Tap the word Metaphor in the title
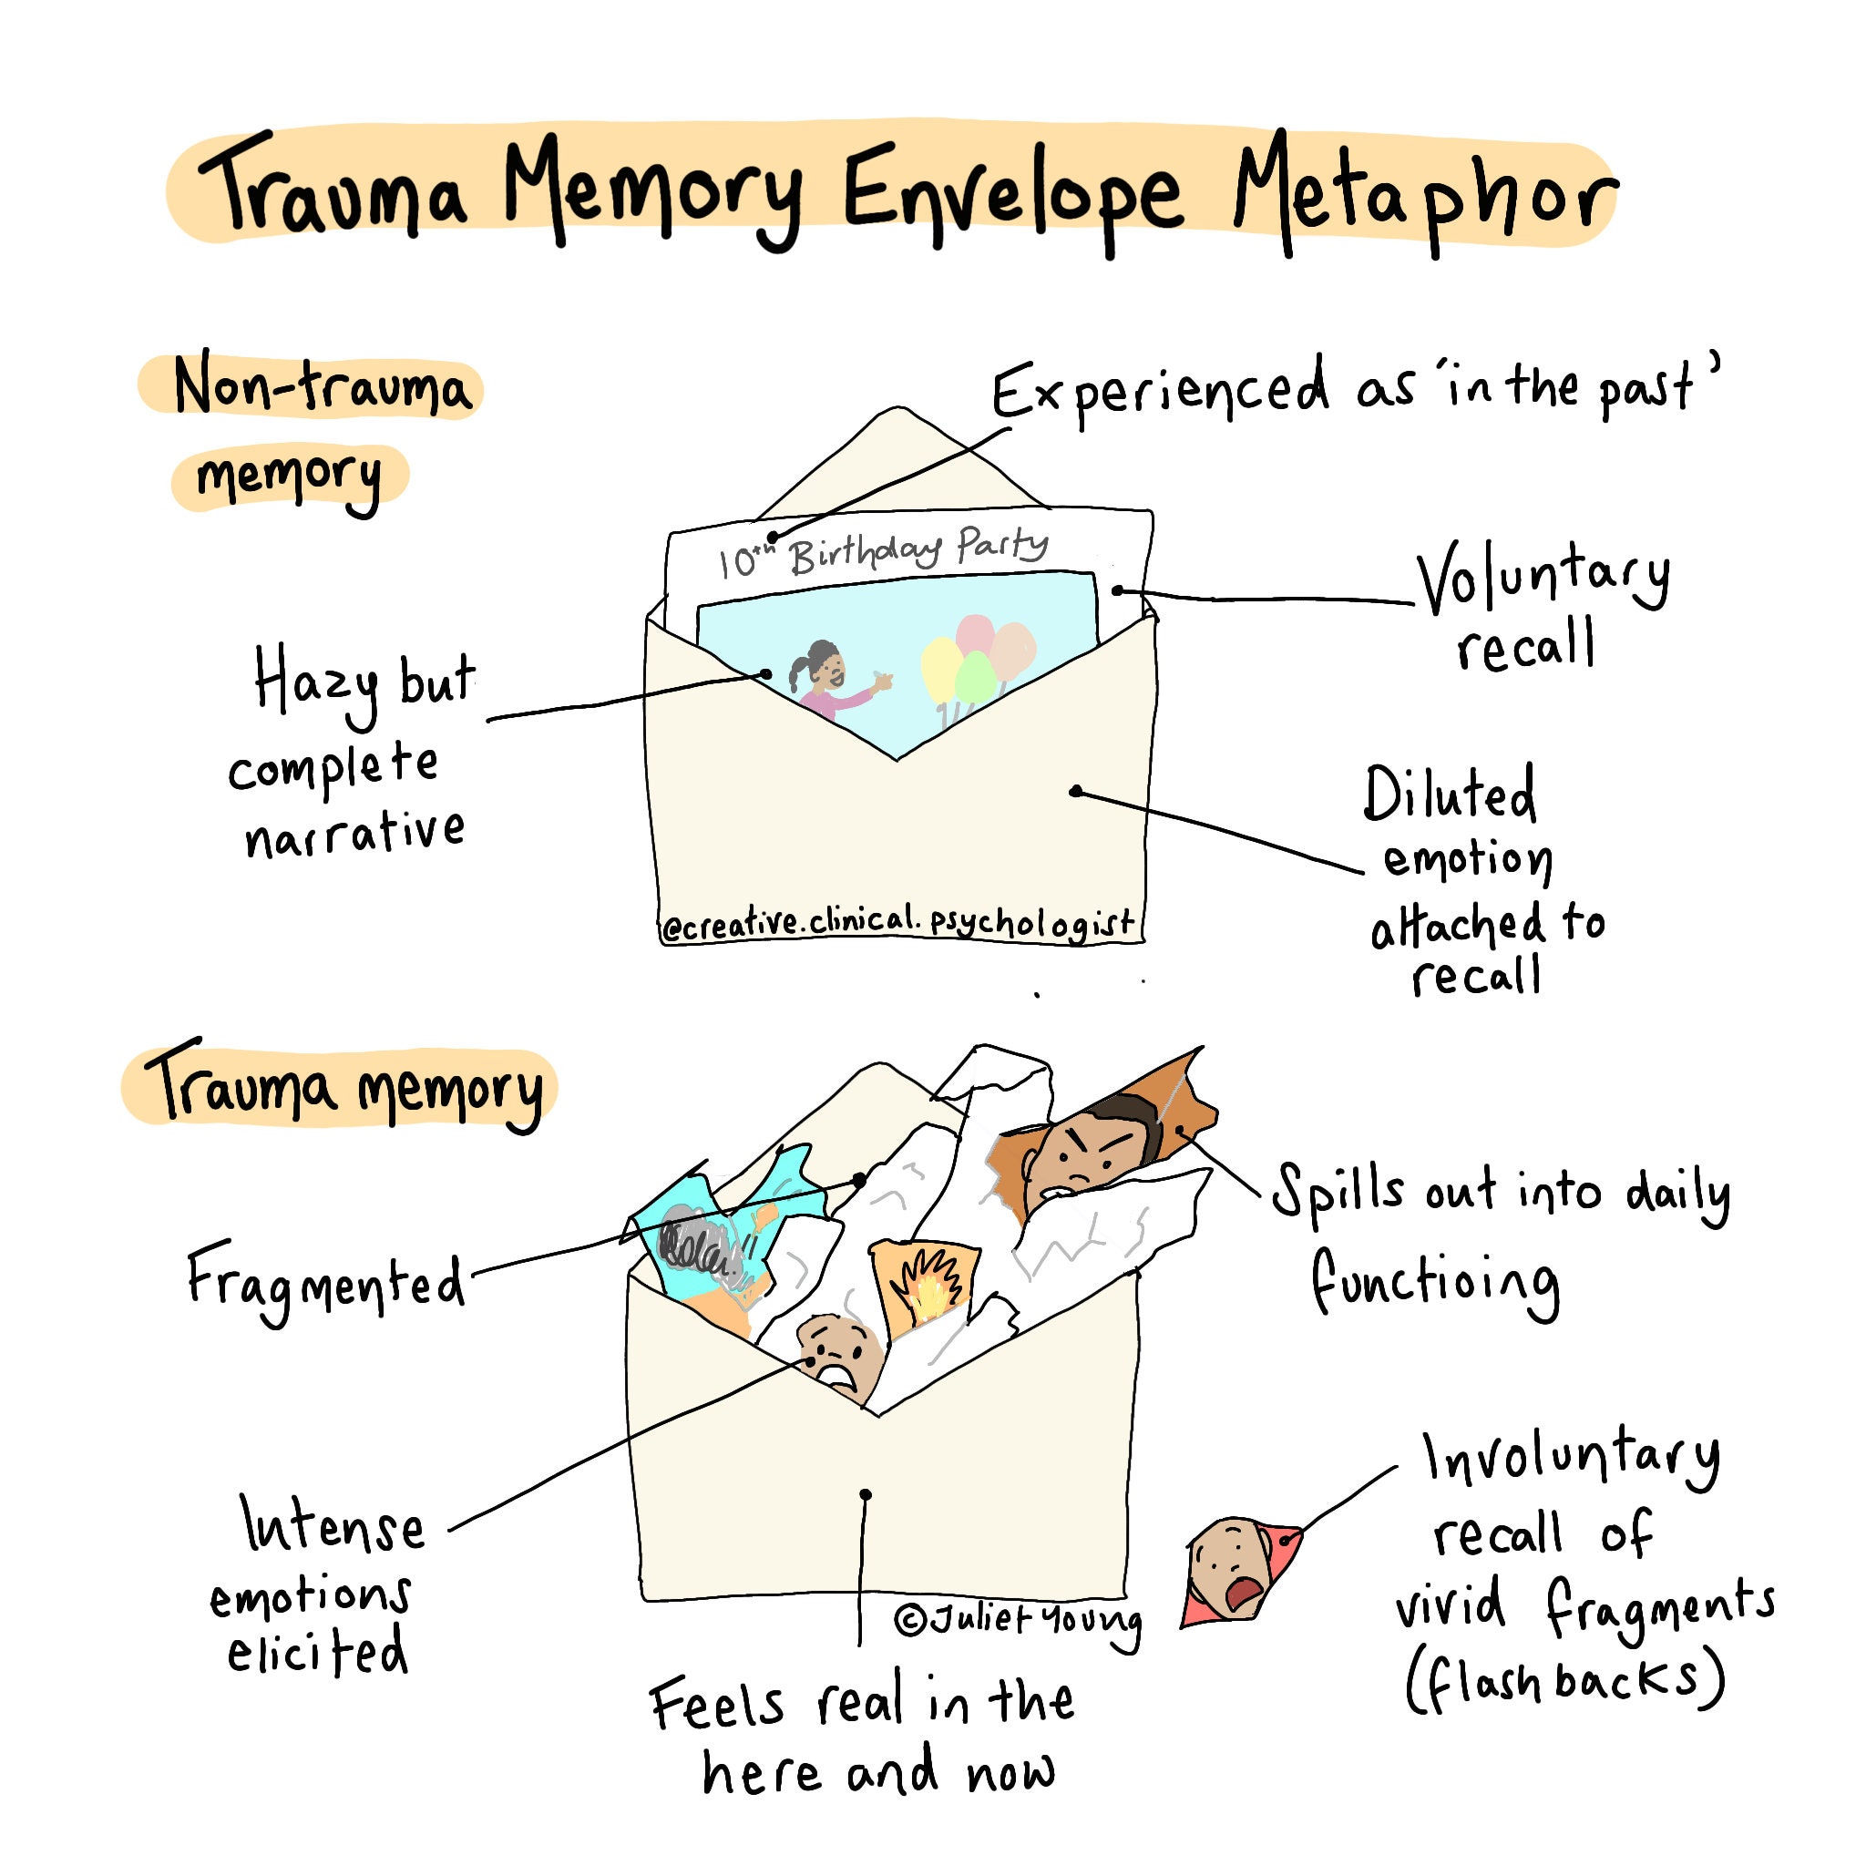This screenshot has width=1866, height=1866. point(1424,193)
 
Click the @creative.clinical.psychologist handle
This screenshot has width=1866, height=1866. point(898,922)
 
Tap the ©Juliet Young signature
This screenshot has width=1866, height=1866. point(1018,1620)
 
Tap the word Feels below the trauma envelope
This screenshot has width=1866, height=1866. point(717,1704)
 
